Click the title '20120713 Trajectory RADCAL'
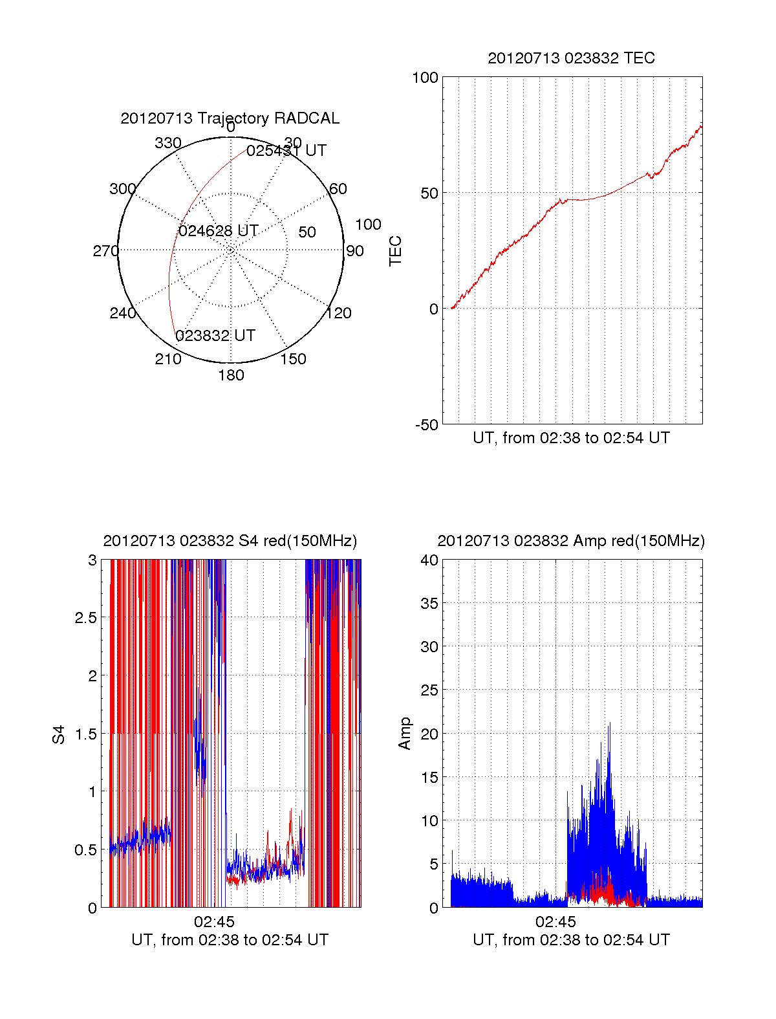(x=230, y=118)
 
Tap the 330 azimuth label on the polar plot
(x=168, y=143)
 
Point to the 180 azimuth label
(x=231, y=375)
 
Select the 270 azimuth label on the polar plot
(x=105, y=251)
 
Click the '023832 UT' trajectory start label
(x=215, y=336)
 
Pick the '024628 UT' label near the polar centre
(x=219, y=231)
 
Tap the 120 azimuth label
(x=339, y=314)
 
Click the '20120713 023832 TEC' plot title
(x=571, y=58)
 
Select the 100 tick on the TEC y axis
(x=425, y=78)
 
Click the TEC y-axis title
(x=395, y=251)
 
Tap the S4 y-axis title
(x=59, y=734)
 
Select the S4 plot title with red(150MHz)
(x=230, y=541)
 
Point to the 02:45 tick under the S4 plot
(x=214, y=921)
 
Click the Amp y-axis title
(x=405, y=734)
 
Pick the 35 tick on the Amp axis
(x=429, y=604)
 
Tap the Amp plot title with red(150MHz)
(x=571, y=541)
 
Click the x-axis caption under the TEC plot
(x=571, y=438)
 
